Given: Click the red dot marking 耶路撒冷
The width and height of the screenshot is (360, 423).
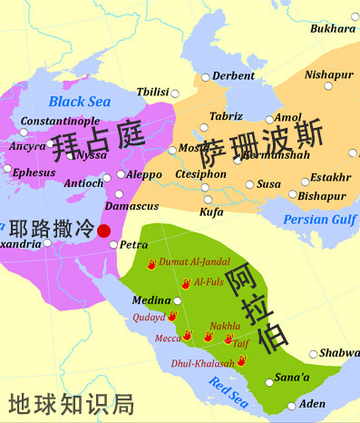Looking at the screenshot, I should [104, 231].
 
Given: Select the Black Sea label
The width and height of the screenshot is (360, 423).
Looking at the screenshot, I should [80, 102].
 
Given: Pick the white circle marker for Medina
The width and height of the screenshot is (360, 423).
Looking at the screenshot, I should [178, 300].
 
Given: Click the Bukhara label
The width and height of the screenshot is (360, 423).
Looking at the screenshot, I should [332, 29].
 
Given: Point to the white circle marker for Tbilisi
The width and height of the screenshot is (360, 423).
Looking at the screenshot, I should [176, 93].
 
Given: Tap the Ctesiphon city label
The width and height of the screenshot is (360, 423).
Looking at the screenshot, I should [194, 174].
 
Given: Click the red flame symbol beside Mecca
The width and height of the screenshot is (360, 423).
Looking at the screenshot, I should [188, 336].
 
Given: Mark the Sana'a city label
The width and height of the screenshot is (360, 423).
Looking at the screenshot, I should [293, 376].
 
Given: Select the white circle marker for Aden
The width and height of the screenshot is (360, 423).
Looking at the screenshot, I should [291, 406].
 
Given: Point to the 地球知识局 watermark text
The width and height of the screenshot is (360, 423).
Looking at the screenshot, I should [71, 403].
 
